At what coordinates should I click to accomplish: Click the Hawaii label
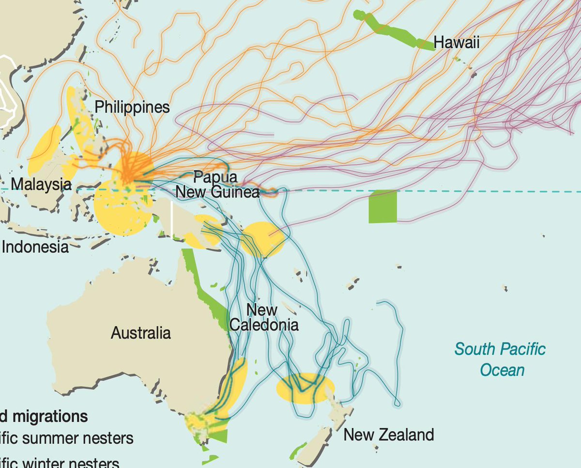[x=457, y=43]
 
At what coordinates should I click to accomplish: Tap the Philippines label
[x=132, y=107]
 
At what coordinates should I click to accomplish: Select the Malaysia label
[x=41, y=184]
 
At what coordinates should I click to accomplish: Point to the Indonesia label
[x=35, y=247]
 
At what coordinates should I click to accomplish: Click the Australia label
[x=141, y=333]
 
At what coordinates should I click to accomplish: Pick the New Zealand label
[x=388, y=435]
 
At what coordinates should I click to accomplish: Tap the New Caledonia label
[x=263, y=317]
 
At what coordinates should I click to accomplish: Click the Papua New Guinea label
[x=217, y=185]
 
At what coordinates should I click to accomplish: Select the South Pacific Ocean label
[x=500, y=359]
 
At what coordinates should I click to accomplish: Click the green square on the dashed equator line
[x=382, y=207]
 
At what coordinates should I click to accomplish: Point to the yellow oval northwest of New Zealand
[x=305, y=388]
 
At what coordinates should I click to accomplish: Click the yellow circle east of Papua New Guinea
[x=262, y=239]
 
